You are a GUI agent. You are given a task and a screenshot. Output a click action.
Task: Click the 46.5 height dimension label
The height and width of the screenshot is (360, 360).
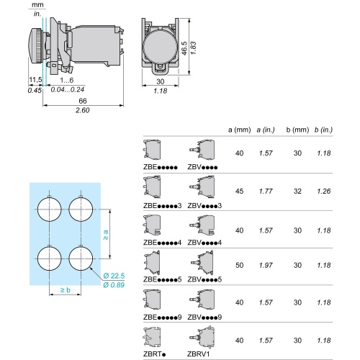click(184, 48)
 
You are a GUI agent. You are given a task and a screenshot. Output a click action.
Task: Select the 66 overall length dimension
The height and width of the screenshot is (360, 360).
click(83, 101)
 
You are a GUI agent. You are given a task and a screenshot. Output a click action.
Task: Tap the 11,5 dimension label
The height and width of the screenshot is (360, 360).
click(35, 80)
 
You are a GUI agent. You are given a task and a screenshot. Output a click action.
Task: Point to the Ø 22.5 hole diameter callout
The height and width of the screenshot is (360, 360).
click(114, 276)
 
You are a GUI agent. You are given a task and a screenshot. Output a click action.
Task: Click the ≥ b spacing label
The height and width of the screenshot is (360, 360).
click(66, 290)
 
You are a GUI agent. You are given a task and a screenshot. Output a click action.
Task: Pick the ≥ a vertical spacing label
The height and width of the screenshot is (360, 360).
click(106, 235)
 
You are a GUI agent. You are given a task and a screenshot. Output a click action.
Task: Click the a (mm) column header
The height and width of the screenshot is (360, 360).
click(239, 130)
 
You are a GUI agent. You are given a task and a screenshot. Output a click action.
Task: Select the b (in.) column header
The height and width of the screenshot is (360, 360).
click(323, 130)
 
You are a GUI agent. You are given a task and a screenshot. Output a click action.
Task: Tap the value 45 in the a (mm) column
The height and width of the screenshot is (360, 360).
click(239, 192)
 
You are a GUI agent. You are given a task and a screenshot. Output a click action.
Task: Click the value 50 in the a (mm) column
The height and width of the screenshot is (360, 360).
click(239, 265)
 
